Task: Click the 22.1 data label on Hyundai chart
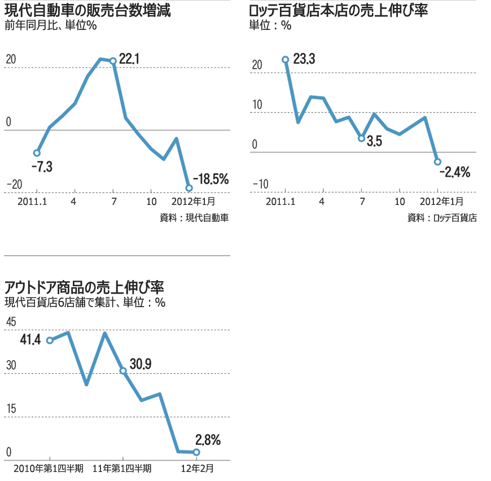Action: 129,58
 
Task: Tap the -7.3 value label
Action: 42,167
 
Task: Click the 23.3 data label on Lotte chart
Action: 304,59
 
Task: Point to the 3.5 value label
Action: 374,142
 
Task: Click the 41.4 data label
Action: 30,340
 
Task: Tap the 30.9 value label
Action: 141,364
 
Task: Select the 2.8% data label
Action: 208,439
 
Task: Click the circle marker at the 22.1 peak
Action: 113,61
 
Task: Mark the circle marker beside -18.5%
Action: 189,188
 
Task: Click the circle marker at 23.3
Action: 286,59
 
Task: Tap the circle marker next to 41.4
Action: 50,340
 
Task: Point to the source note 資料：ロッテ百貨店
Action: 442,217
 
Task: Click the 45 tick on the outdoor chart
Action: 11,322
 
